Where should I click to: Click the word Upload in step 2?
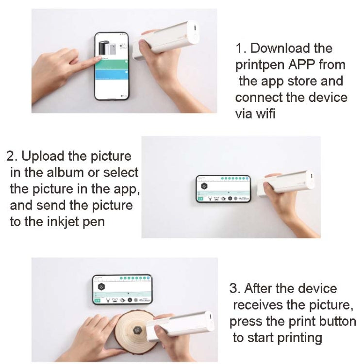point(45,156)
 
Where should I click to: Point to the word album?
point(62,172)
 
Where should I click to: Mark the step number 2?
point(11,156)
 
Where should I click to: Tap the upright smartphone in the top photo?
point(112,66)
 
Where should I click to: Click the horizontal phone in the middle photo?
point(223,189)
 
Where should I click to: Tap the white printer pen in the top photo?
point(167,40)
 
